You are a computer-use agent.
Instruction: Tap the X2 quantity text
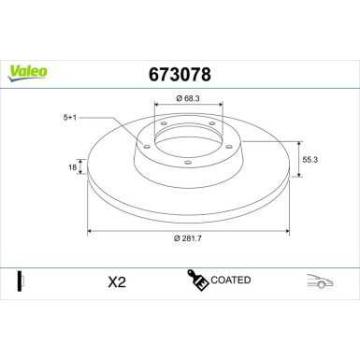tap(117, 281)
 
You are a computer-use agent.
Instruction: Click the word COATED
tap(231, 280)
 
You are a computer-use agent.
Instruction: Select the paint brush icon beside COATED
tap(198, 280)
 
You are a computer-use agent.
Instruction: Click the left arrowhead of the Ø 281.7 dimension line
tap(90, 230)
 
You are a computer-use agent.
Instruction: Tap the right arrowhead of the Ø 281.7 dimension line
tap(287, 230)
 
